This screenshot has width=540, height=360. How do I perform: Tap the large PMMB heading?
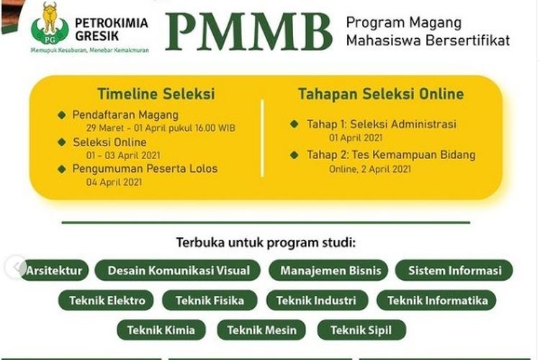(248, 32)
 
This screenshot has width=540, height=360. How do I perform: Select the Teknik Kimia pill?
(161, 330)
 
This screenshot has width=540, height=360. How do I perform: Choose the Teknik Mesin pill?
(261, 330)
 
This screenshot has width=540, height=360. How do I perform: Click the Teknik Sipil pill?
(361, 330)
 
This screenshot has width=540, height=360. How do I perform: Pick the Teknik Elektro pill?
(107, 300)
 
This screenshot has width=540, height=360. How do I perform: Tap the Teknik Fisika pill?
(210, 300)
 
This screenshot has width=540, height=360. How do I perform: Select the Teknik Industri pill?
(317, 300)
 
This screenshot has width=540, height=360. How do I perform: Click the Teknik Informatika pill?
(436, 300)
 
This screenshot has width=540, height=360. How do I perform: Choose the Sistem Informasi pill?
(454, 271)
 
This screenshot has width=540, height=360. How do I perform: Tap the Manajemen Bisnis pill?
(328, 271)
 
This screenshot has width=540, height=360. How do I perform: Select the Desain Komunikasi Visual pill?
(177, 271)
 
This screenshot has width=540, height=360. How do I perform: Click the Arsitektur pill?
(54, 271)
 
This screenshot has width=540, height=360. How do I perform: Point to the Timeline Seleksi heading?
(156, 94)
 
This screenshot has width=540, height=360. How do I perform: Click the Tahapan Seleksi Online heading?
(381, 94)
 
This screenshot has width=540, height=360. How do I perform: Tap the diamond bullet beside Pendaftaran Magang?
(62, 115)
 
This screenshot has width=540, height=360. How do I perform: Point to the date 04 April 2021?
(114, 182)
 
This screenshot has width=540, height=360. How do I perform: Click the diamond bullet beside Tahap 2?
(294, 155)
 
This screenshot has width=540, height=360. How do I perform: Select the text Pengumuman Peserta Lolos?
(145, 168)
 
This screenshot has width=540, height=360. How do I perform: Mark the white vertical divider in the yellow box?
(262, 138)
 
